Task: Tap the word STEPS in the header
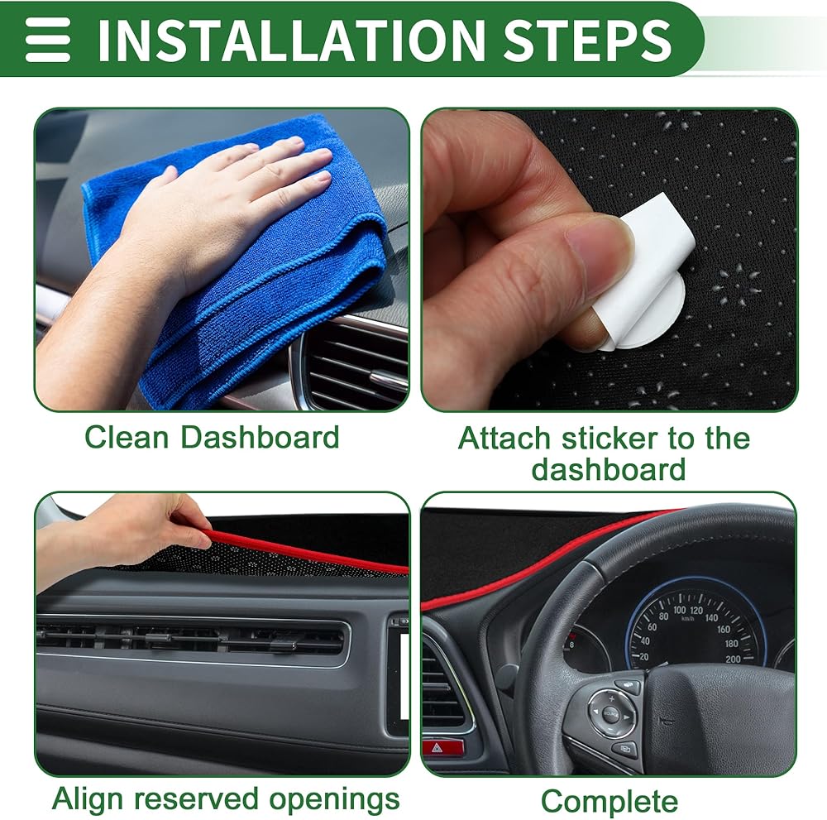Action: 587,40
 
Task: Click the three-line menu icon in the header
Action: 47,40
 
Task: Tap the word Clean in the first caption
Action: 127,437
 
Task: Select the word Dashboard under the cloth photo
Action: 260,437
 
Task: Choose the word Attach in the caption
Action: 504,438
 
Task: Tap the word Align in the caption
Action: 88,798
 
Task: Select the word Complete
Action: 609,802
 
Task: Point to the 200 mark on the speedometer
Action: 733,659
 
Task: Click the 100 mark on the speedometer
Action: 679,610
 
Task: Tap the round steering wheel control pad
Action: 610,714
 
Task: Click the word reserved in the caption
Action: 196,798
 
